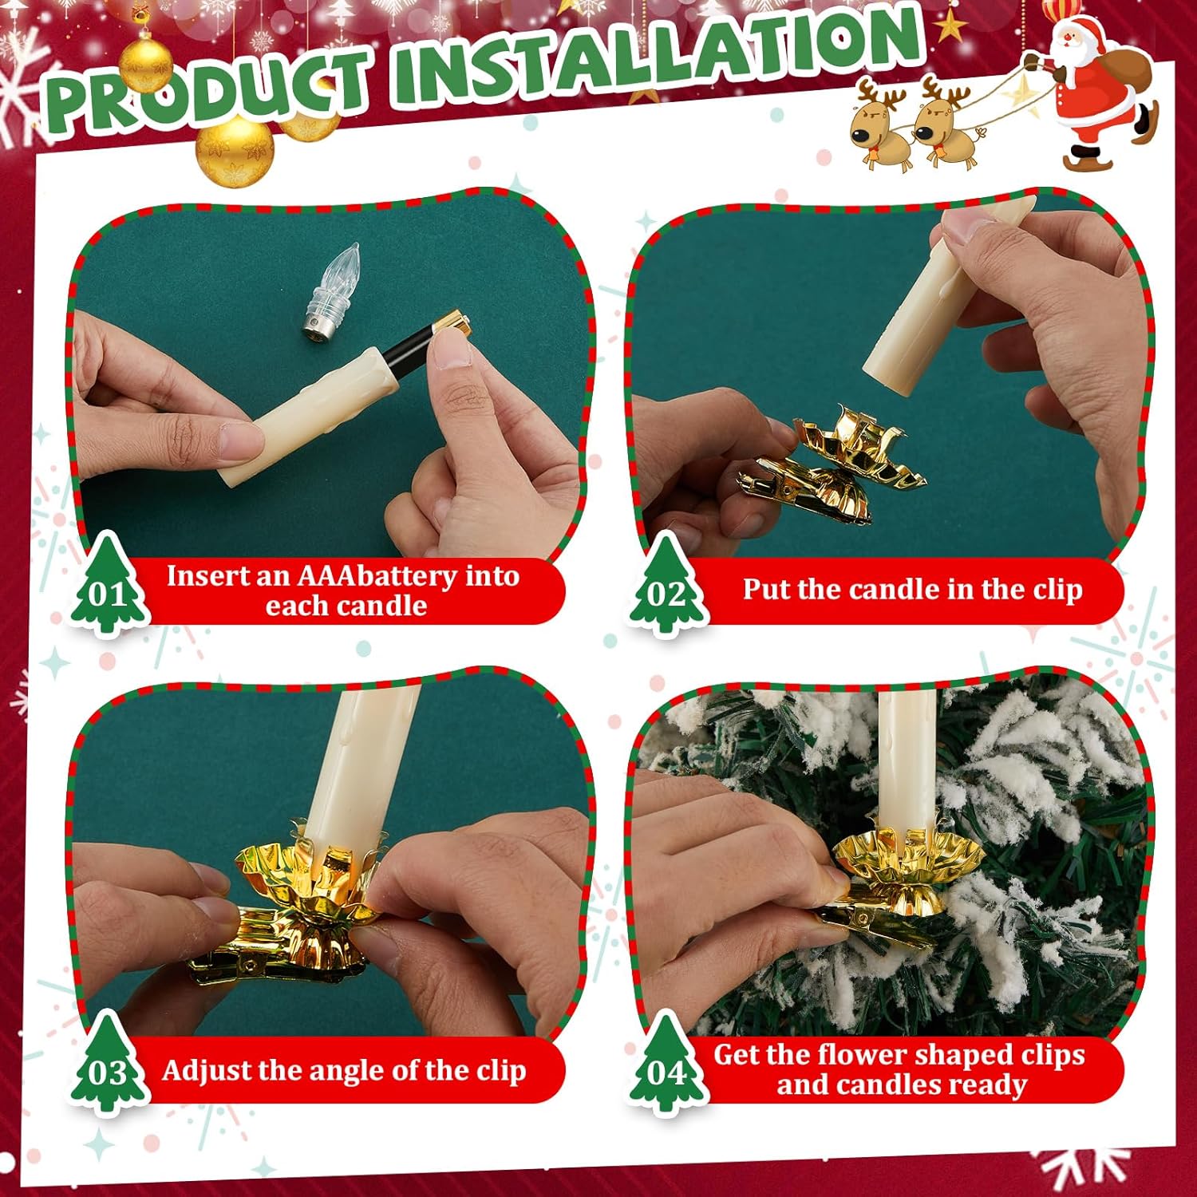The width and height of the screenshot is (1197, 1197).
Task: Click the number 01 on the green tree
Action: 109,594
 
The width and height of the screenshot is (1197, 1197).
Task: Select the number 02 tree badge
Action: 667,586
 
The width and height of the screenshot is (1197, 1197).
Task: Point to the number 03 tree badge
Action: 109,1065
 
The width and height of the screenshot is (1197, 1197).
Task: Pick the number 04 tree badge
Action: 667,1065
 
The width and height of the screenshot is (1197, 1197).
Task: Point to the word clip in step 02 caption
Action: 1058,589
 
